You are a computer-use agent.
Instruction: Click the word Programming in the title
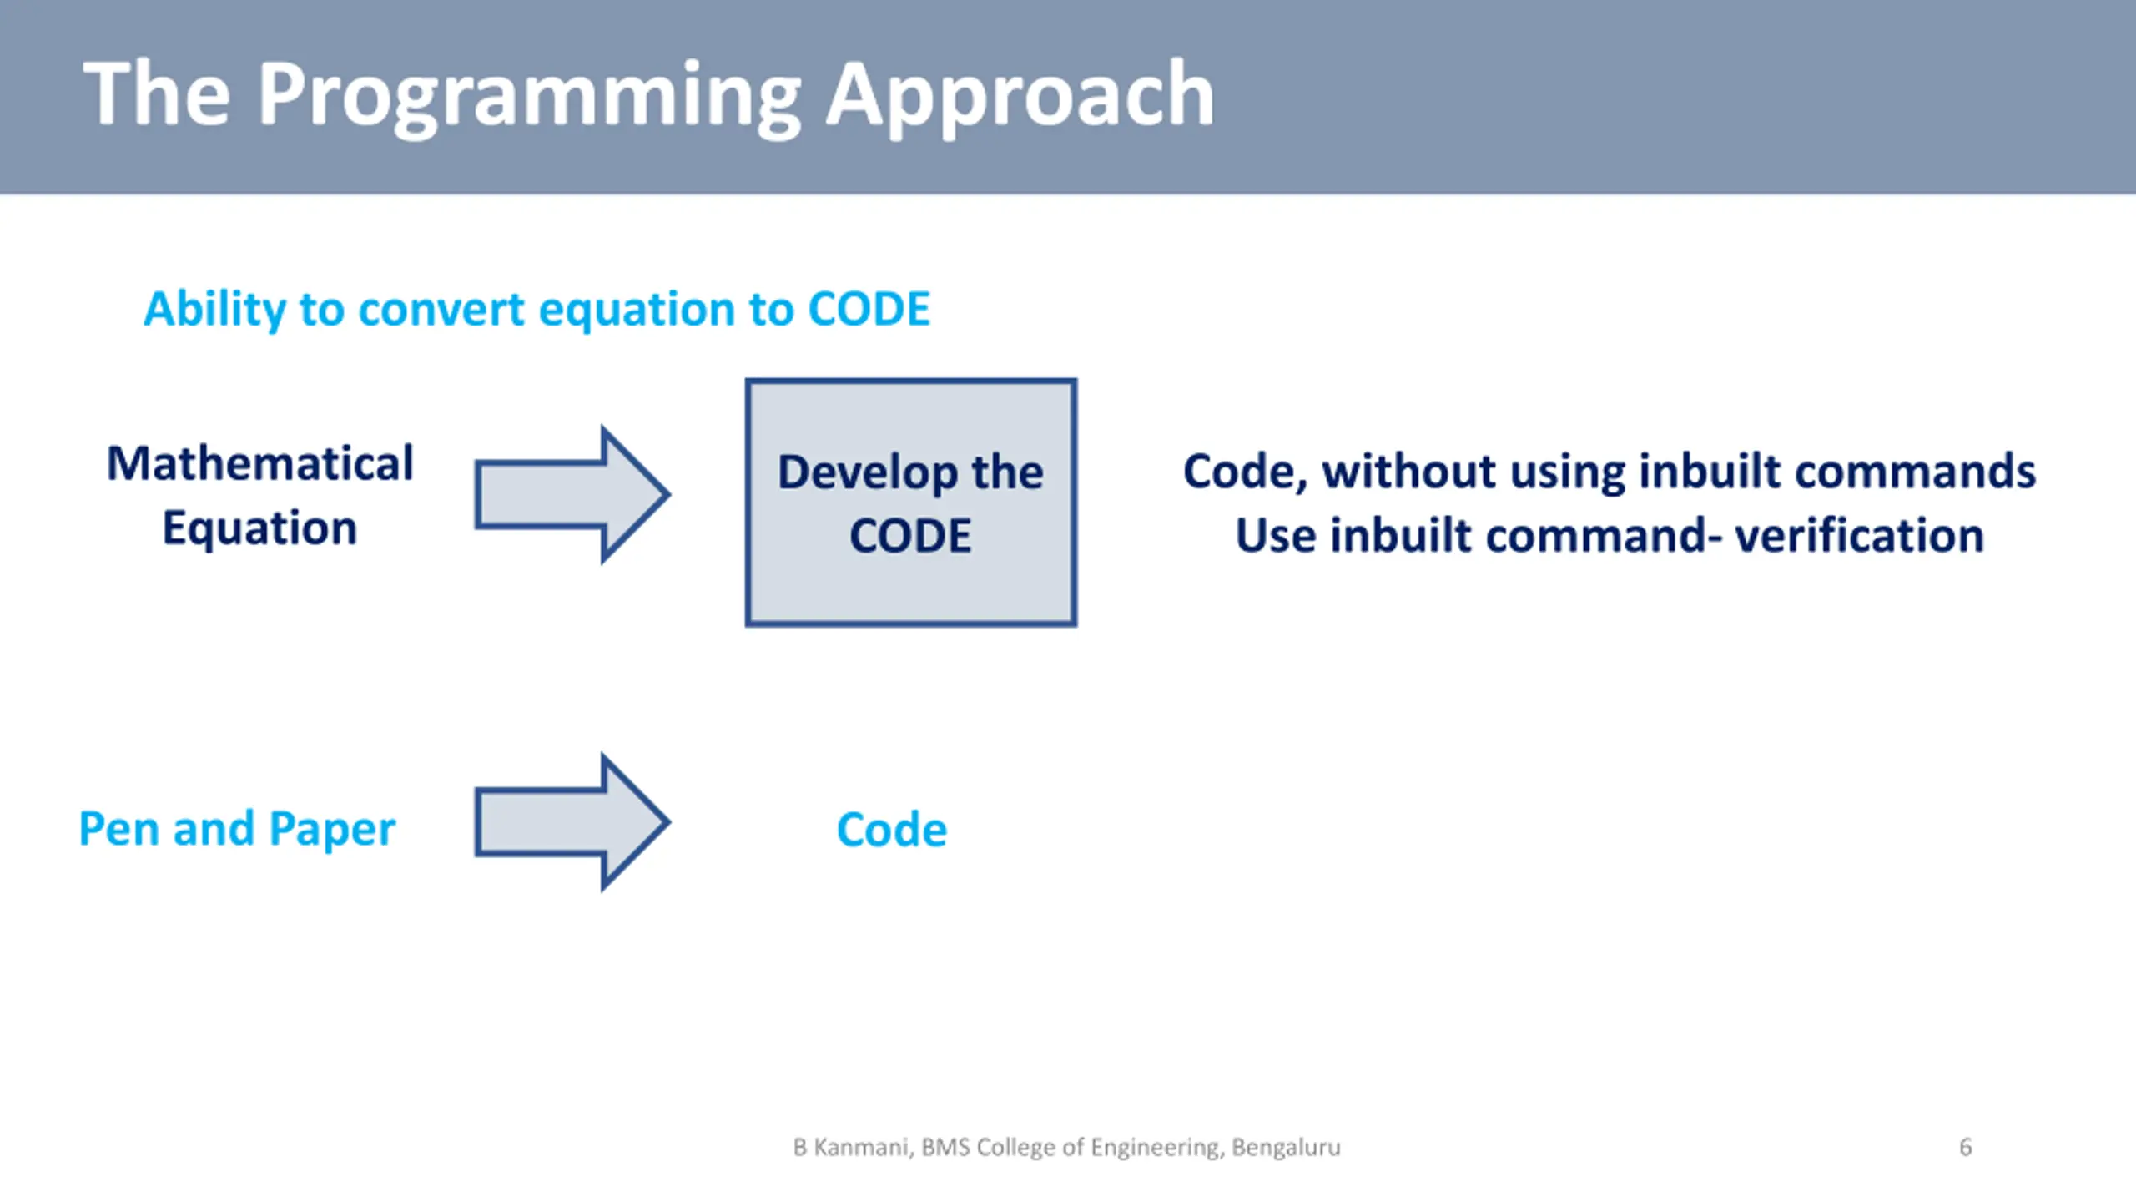[x=529, y=97]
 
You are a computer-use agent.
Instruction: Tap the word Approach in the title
[x=1020, y=97]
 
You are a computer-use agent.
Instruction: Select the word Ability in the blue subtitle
[x=215, y=311]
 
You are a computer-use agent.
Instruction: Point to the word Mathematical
[x=260, y=463]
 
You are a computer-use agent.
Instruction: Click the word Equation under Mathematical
[x=260, y=529]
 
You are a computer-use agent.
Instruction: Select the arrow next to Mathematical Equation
[x=572, y=494]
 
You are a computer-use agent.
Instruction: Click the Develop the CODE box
[x=911, y=503]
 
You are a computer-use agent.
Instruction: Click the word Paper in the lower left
[x=332, y=831]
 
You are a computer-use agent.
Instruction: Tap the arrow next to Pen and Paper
[x=572, y=822]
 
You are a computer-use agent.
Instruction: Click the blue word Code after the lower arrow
[x=892, y=830]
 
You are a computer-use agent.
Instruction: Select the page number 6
[x=1966, y=1147]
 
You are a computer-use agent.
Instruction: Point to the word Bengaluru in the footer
[x=1287, y=1148]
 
